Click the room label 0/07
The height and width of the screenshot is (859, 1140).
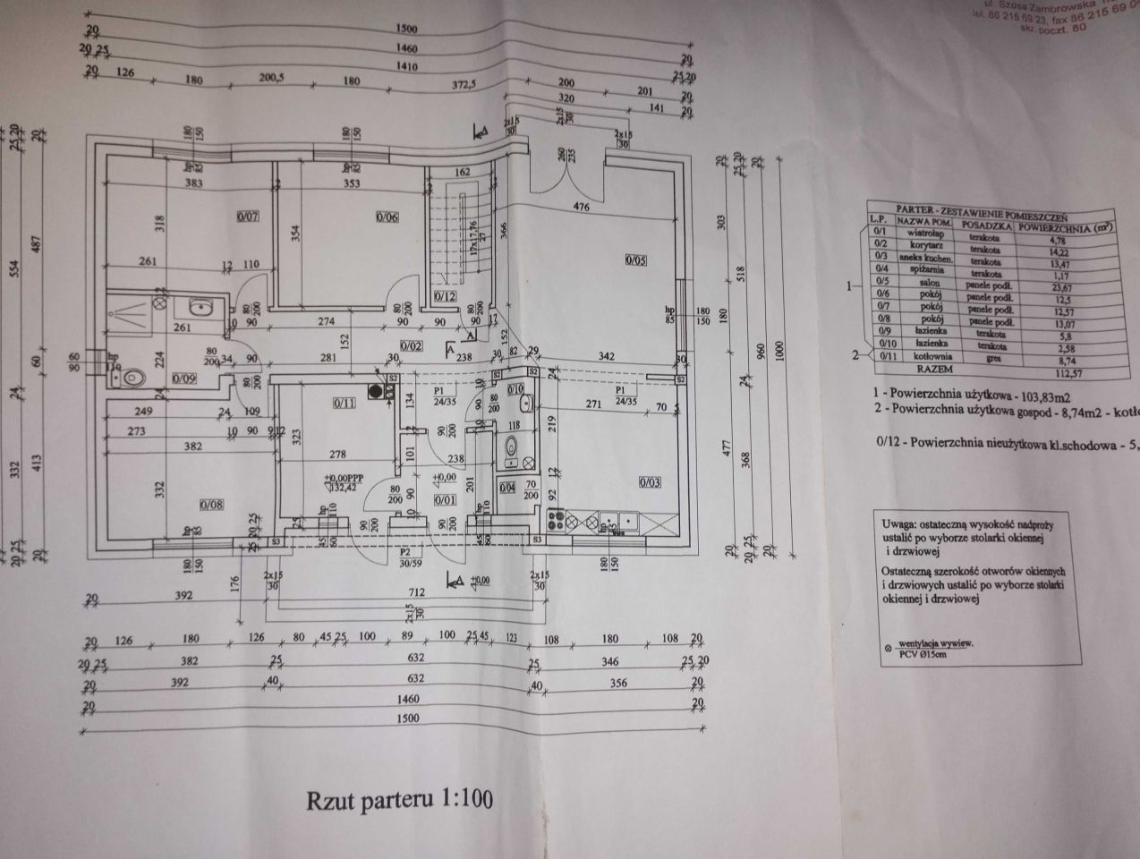248,217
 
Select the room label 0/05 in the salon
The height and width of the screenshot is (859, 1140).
636,260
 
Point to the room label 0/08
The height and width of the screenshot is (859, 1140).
211,506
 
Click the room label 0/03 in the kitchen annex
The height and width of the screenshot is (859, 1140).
651,482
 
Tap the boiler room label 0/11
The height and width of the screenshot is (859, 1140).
345,403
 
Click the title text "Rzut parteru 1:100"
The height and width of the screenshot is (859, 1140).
400,797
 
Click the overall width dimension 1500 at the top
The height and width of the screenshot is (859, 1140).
405,30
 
